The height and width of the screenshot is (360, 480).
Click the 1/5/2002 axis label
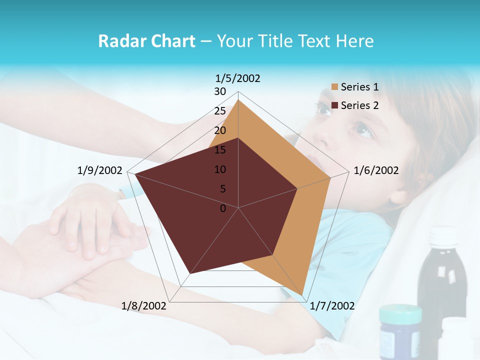pyautogui.click(x=238, y=78)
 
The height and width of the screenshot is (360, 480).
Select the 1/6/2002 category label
pyautogui.click(x=376, y=170)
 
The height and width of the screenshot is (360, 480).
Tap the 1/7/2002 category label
pyautogui.click(x=332, y=306)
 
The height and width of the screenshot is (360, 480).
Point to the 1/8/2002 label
pyautogui.click(x=144, y=306)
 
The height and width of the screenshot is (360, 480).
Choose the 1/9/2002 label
pyautogui.click(x=100, y=170)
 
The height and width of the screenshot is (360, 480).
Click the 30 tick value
pyautogui.click(x=220, y=91)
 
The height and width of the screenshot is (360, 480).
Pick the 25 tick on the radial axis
pyautogui.click(x=220, y=111)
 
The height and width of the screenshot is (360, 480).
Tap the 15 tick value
pyautogui.click(x=220, y=150)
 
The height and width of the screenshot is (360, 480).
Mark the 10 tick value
pyautogui.click(x=220, y=169)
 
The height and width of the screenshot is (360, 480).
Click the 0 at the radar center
pyautogui.click(x=223, y=208)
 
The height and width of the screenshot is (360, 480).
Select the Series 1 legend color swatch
pyautogui.click(x=335, y=87)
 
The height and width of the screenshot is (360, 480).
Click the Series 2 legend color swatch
pyautogui.click(x=335, y=105)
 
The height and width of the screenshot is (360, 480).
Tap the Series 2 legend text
pyautogui.click(x=359, y=105)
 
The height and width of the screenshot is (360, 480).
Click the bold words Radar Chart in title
pyautogui.click(x=146, y=41)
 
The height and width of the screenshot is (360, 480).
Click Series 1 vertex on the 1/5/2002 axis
pyautogui.click(x=238, y=99)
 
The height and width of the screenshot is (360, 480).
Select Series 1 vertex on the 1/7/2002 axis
pyautogui.click(x=302, y=294)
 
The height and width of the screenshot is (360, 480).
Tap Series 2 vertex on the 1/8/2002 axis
pyautogui.click(x=190, y=273)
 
